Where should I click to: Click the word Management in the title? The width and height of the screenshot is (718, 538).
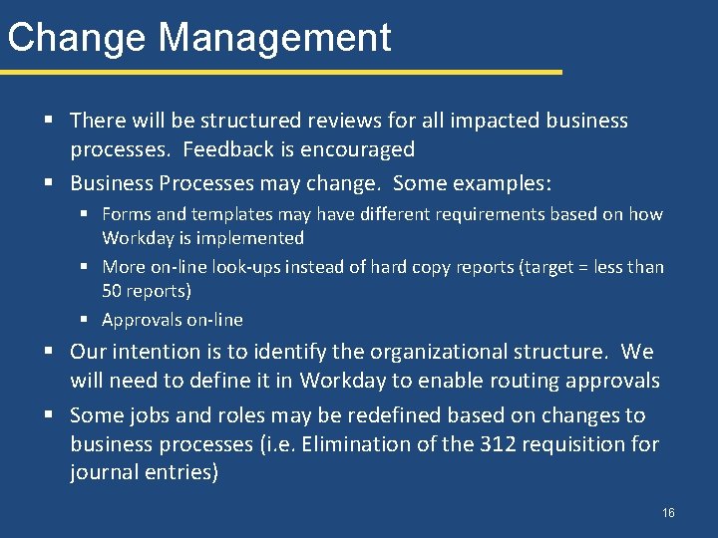point(274,38)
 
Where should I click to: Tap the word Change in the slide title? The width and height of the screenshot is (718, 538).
point(77,38)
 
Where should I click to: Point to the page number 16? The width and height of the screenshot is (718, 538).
point(668,513)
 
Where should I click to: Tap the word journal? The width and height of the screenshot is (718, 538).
point(103,473)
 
